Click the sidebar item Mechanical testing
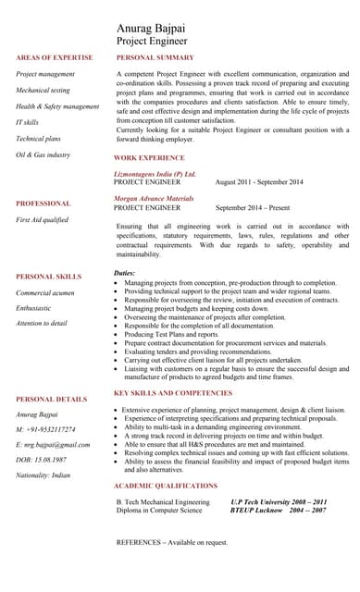click(x=43, y=91)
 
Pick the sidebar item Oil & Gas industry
click(x=43, y=154)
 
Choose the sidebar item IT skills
click(x=28, y=122)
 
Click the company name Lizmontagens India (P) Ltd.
click(x=155, y=174)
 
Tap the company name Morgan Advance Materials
click(x=154, y=198)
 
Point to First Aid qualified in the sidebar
click(x=42, y=219)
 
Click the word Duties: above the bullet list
click(x=124, y=273)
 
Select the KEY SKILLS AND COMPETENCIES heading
click(x=173, y=393)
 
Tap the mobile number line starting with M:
click(x=46, y=429)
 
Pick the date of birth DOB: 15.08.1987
click(x=42, y=460)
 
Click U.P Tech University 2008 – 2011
click(x=278, y=500)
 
